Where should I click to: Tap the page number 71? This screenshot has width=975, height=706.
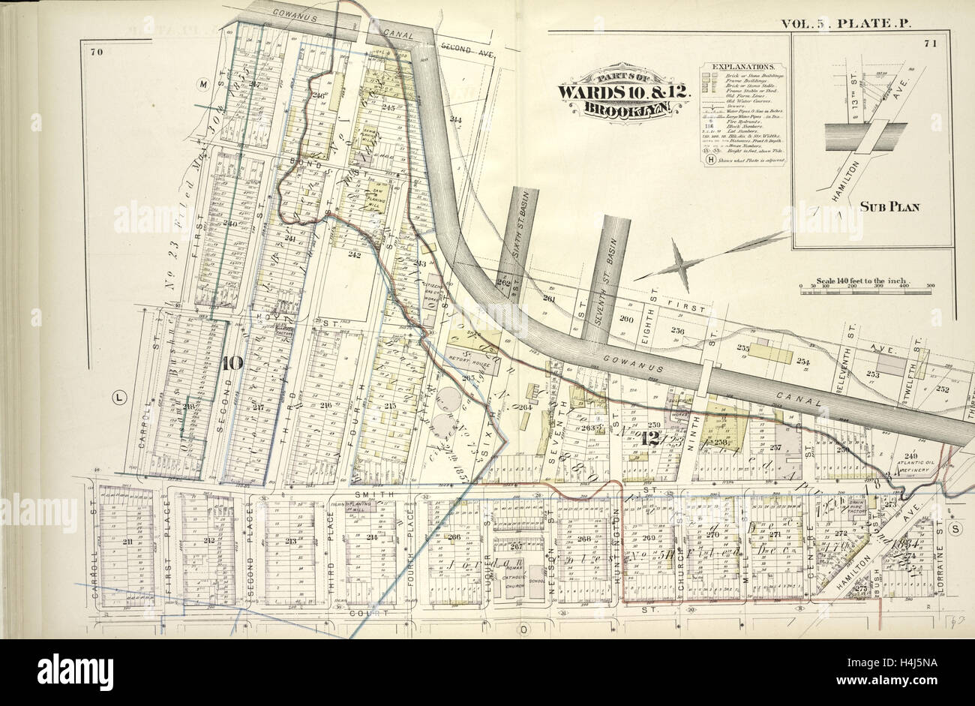click(931, 44)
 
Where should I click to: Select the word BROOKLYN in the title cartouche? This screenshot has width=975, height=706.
click(622, 108)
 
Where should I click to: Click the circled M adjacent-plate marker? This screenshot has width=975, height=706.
click(202, 85)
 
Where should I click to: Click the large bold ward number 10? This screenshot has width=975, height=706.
click(232, 364)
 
